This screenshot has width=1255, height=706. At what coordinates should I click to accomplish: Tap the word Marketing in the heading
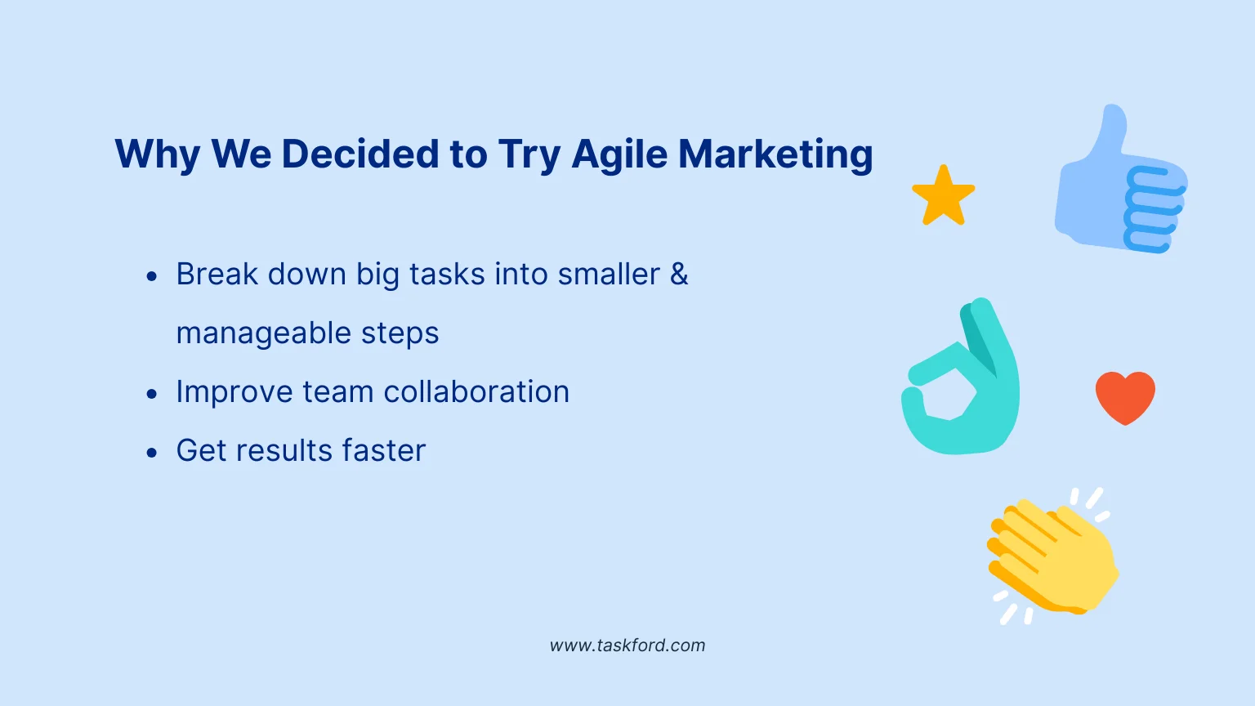(775, 154)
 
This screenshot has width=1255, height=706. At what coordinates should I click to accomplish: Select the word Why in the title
(158, 154)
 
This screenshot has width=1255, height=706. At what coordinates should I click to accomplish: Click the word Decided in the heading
(360, 154)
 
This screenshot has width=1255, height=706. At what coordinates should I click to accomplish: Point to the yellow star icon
(943, 197)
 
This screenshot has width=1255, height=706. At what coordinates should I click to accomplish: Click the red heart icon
(1125, 396)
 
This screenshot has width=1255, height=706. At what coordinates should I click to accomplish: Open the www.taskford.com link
(627, 646)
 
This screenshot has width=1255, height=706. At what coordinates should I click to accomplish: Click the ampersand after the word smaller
(679, 275)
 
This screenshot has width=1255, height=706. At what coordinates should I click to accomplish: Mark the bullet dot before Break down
(152, 277)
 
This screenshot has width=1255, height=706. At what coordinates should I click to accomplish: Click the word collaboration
(476, 392)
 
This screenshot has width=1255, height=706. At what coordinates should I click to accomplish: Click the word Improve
(234, 393)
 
